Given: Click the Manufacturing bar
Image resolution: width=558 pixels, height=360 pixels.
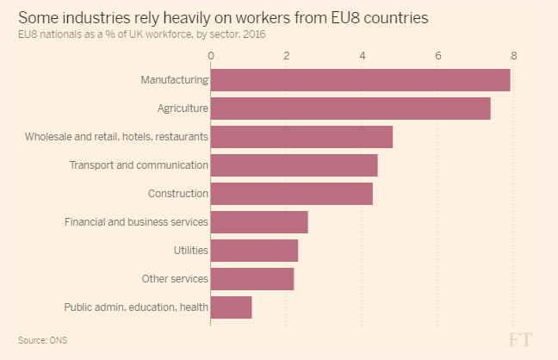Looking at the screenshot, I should pyautogui.click(x=360, y=80).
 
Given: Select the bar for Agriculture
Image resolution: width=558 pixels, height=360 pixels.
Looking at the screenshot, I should pyautogui.click(x=350, y=109).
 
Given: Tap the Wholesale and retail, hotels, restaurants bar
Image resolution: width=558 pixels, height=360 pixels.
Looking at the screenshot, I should pyautogui.click(x=301, y=137).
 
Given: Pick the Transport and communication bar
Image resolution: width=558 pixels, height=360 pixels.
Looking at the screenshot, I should pyautogui.click(x=294, y=165).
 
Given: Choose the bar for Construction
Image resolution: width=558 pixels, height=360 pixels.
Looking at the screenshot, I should pyautogui.click(x=291, y=194).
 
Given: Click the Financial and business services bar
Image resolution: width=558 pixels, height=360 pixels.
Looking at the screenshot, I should pyautogui.click(x=259, y=222).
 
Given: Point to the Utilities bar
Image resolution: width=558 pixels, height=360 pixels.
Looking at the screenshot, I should pyautogui.click(x=254, y=251).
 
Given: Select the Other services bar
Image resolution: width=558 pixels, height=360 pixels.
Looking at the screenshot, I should pyautogui.click(x=252, y=279).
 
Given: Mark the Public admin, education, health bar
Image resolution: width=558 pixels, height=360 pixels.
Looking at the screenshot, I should pyautogui.click(x=231, y=307).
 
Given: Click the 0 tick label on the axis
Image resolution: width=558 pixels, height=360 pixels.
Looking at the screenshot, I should pyautogui.click(x=211, y=56).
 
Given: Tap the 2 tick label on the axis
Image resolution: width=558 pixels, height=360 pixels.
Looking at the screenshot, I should pyautogui.click(x=287, y=56).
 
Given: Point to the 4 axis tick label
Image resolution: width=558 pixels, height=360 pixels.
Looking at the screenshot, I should pyautogui.click(x=363, y=56).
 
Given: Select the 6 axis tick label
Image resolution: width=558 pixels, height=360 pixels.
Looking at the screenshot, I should pyautogui.click(x=438, y=56).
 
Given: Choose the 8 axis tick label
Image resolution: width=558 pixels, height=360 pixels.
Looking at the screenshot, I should pyautogui.click(x=514, y=56).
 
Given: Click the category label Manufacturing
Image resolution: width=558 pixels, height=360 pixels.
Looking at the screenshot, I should pyautogui.click(x=175, y=80).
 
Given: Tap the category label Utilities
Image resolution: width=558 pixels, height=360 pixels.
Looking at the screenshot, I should pyautogui.click(x=190, y=251).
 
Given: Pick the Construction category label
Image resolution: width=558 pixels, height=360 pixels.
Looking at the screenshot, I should pyautogui.click(x=178, y=194).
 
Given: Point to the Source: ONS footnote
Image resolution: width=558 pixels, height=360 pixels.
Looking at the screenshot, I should pyautogui.click(x=42, y=340).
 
